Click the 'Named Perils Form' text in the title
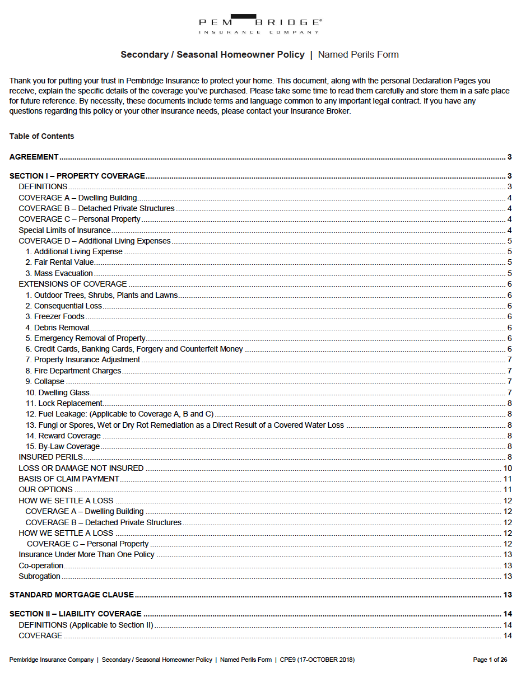(x=358, y=55)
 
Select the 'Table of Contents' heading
(x=41, y=136)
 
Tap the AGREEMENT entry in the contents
(x=34, y=157)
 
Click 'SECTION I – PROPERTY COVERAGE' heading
(x=77, y=176)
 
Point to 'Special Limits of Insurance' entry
(x=64, y=230)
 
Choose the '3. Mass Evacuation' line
(x=59, y=273)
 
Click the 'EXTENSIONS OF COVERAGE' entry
(x=73, y=284)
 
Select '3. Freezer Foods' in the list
(x=55, y=316)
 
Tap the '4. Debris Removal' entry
(x=57, y=328)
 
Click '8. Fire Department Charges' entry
(x=73, y=371)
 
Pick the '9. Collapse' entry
(x=45, y=381)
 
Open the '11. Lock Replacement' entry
(x=64, y=403)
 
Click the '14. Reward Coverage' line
(x=63, y=436)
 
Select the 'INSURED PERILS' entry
(x=51, y=457)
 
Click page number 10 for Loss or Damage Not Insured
(x=508, y=468)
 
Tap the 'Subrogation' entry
(x=39, y=576)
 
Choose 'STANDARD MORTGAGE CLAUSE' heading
(x=72, y=595)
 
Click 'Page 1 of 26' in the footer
(x=490, y=660)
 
